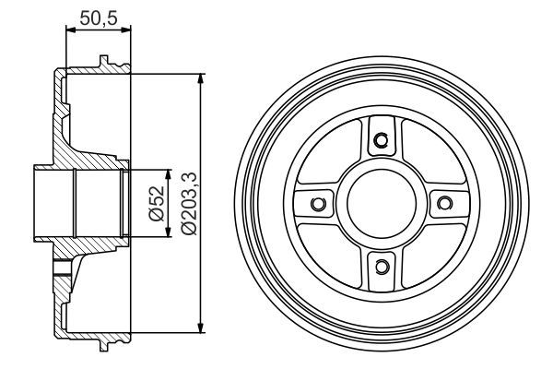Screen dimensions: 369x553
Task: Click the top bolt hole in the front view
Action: tap(381, 140)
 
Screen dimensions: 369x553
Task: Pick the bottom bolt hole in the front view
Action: tap(381, 267)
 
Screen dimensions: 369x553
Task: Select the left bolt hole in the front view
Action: tap(318, 203)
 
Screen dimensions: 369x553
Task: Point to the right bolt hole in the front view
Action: tap(443, 203)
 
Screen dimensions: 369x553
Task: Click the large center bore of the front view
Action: tap(381, 203)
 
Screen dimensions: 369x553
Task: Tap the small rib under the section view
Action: tap(108, 341)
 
